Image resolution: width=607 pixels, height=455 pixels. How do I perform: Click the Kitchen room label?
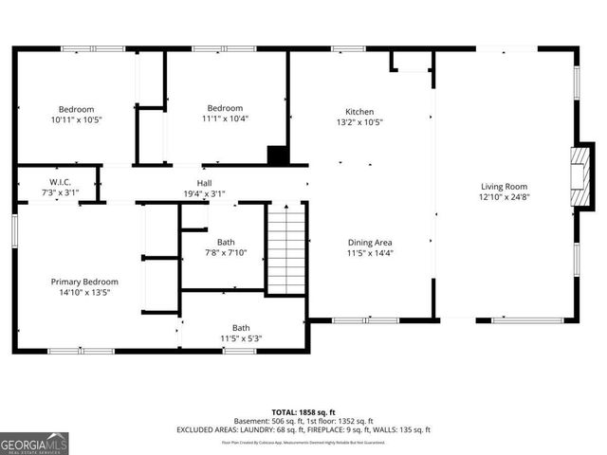click(x=359, y=111)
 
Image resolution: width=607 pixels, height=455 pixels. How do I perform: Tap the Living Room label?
click(x=503, y=187)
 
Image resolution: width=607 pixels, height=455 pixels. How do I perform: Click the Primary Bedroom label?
click(x=84, y=282)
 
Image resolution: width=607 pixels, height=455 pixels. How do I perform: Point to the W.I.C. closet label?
click(x=61, y=181)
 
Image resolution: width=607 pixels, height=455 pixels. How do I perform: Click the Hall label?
click(x=204, y=182)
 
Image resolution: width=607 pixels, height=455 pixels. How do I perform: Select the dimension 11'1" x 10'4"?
click(x=225, y=118)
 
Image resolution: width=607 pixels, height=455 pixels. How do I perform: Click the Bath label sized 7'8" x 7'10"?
click(x=226, y=242)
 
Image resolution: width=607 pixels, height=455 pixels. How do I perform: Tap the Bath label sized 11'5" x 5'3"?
click(x=241, y=328)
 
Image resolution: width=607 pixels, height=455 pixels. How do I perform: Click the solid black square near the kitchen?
click(x=278, y=155)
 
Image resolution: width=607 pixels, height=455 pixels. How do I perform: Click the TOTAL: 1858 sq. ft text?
click(x=303, y=411)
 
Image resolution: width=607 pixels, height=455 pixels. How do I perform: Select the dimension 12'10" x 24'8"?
click(x=503, y=198)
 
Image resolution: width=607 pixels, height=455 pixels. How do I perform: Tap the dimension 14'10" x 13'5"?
click(x=84, y=293)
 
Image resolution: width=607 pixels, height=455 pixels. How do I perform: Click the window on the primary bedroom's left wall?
click(x=15, y=233)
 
